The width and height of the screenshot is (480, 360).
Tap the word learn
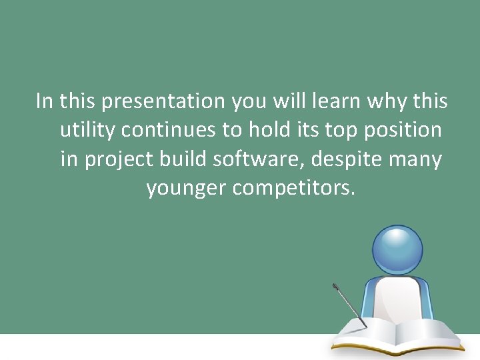click(x=335, y=102)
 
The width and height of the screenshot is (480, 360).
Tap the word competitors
click(x=294, y=189)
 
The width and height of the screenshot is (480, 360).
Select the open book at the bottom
click(x=397, y=336)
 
